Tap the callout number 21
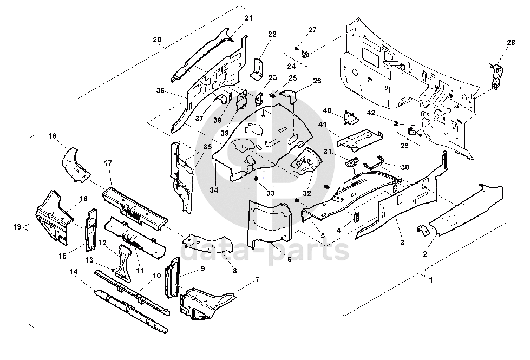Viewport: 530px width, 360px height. point(248,18)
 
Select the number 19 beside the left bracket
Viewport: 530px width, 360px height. point(17,226)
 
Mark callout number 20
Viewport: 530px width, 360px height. point(157,40)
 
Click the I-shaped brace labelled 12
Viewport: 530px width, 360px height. point(124,259)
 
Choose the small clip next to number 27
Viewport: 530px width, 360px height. point(304,53)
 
